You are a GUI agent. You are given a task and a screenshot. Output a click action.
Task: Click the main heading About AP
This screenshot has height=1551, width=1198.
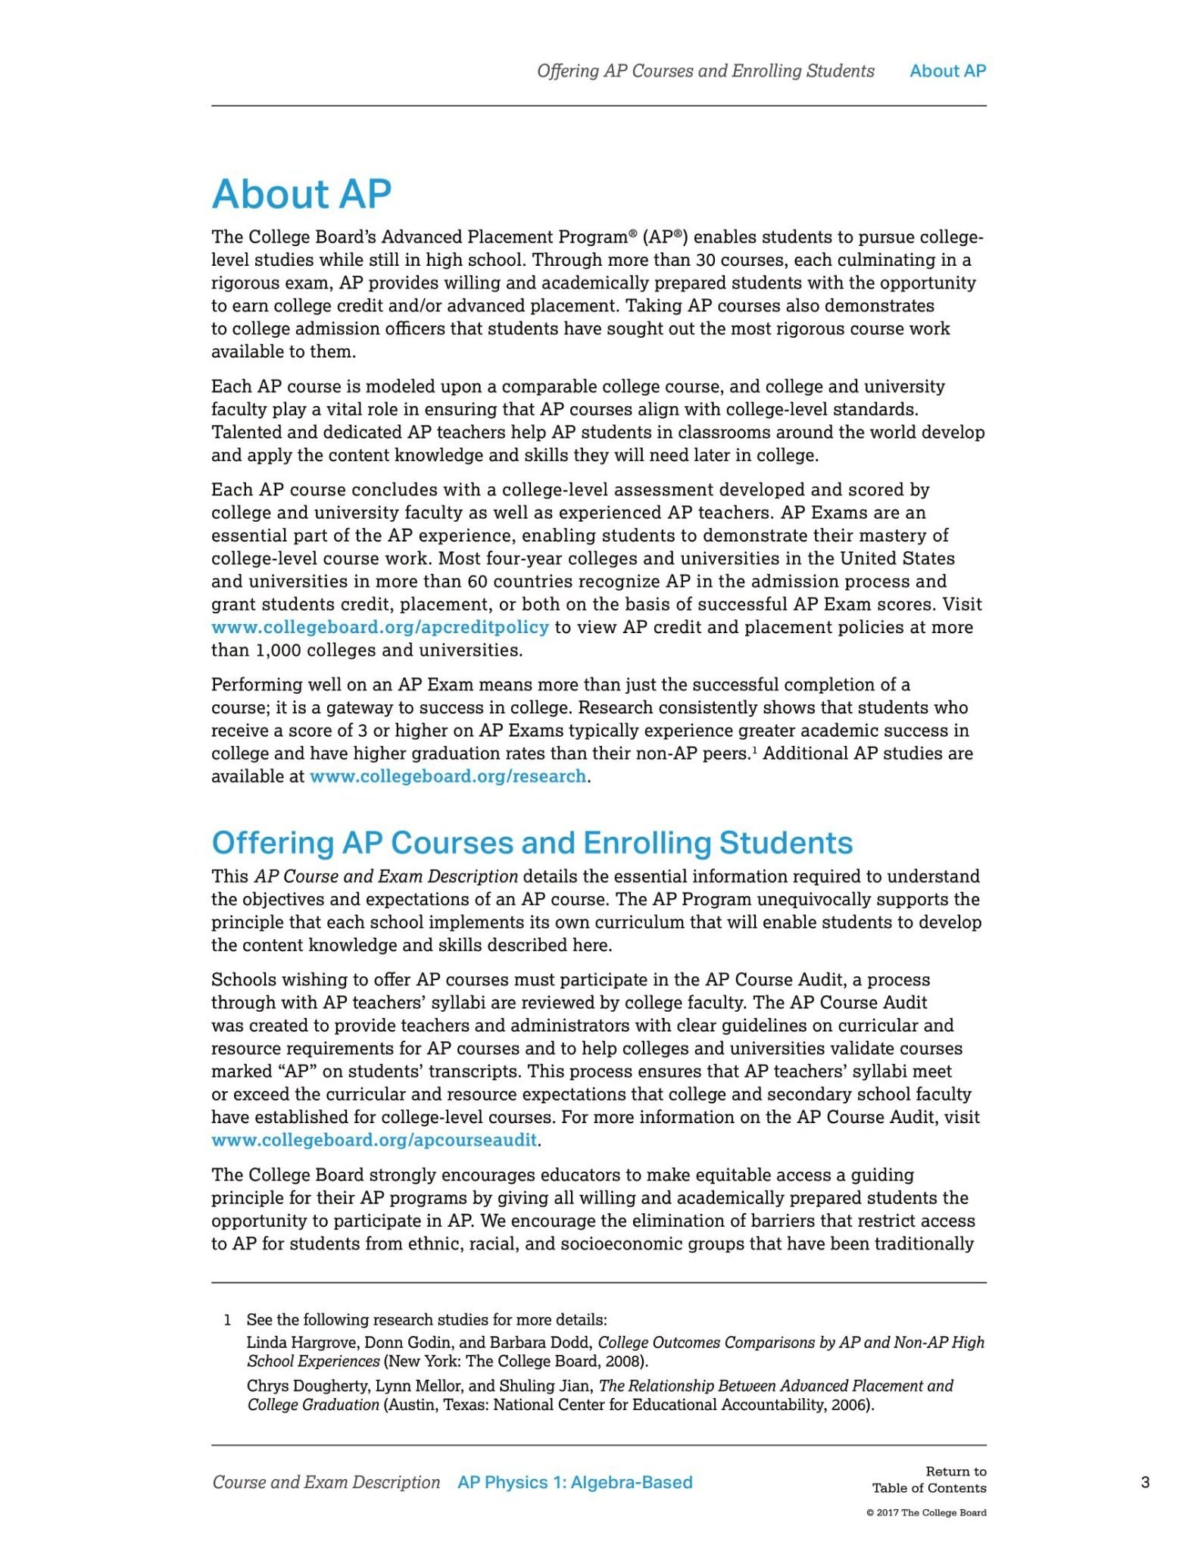(301, 194)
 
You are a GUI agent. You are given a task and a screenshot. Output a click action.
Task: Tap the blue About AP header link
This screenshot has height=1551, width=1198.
(947, 71)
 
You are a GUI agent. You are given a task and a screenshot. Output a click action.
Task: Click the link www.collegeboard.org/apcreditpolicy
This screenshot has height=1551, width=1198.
(379, 627)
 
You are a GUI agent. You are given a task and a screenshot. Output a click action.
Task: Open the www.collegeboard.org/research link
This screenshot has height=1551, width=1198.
(448, 776)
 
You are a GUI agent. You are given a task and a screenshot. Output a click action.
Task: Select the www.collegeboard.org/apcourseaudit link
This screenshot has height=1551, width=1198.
(374, 1140)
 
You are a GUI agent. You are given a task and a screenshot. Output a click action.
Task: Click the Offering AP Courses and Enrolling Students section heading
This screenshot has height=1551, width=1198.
(532, 843)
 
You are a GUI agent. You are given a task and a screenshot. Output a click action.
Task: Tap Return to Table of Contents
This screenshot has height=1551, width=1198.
(929, 1479)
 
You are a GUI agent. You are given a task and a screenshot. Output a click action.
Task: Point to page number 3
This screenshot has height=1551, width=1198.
(1145, 1482)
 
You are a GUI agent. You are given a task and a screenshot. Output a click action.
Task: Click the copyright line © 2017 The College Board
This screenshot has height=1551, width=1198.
(926, 1512)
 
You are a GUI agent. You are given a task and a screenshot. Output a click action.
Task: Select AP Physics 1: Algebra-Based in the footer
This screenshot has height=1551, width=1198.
(575, 1482)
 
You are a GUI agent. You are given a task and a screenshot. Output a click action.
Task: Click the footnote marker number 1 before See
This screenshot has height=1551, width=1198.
(227, 1320)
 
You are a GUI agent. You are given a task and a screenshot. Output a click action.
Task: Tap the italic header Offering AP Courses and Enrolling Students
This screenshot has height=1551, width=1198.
(705, 71)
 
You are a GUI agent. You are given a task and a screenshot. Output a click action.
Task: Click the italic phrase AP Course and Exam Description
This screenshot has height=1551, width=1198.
(385, 876)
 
